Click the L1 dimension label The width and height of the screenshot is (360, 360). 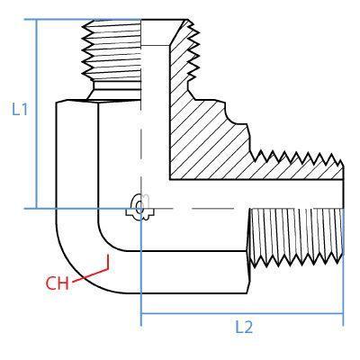(20, 109)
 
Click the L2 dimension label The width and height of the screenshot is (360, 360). (244, 327)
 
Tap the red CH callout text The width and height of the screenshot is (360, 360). (57, 283)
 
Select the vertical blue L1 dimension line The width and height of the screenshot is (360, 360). (37, 113)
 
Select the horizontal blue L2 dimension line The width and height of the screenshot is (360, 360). (242, 313)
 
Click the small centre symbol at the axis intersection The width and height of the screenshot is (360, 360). (139, 207)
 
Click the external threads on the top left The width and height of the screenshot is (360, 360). (112, 50)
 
